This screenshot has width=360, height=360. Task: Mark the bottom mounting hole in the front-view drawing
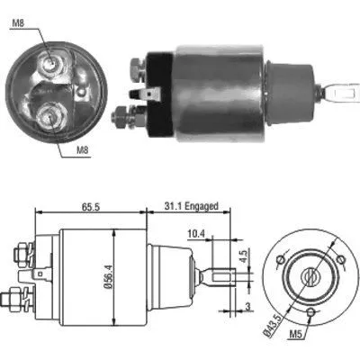(310, 314)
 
